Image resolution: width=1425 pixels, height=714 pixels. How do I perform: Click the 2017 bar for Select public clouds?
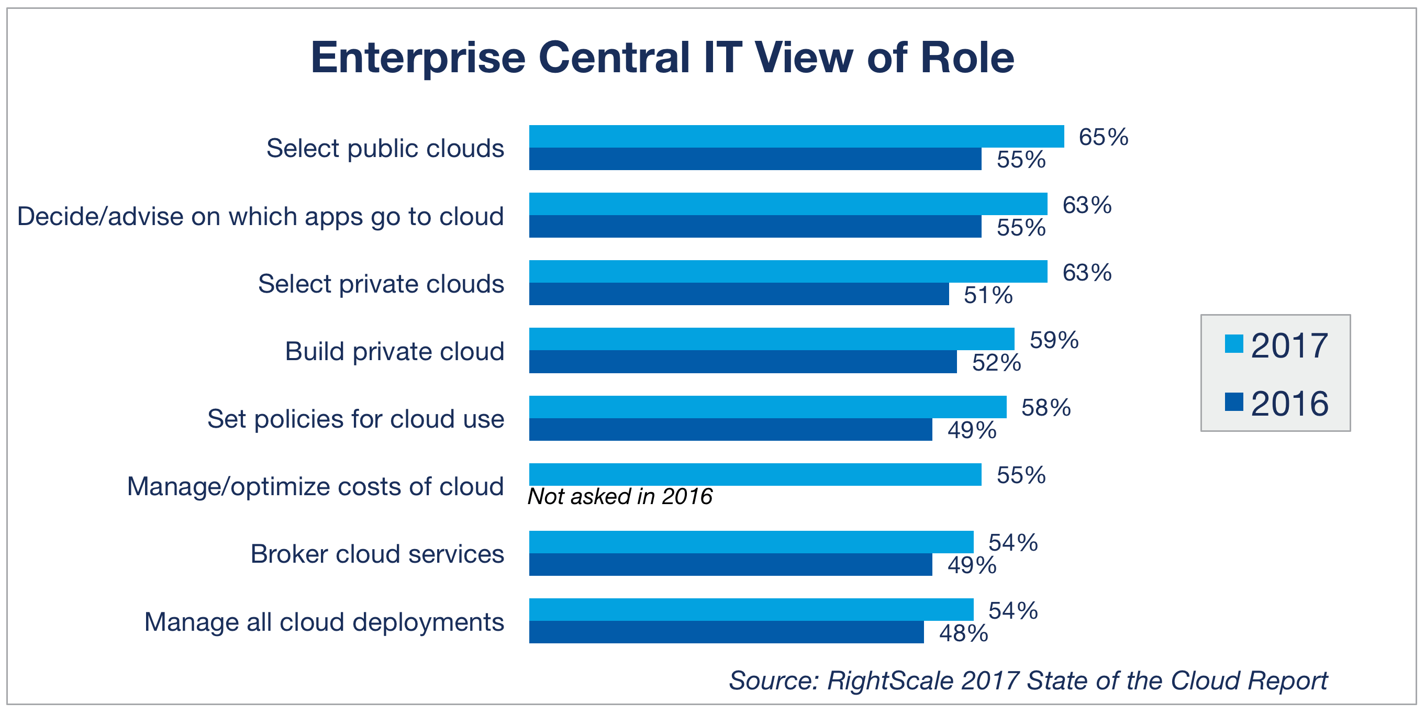click(x=796, y=136)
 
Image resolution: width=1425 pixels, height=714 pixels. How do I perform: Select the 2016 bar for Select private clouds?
click(x=739, y=294)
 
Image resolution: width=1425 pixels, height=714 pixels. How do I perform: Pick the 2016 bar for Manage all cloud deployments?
click(x=726, y=632)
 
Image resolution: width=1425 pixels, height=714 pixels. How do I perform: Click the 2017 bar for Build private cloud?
click(x=771, y=339)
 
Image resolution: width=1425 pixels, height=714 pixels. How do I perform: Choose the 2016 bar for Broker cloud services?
click(x=730, y=564)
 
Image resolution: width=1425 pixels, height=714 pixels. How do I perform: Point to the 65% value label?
click(x=1103, y=137)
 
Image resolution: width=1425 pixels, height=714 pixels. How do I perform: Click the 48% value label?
click(x=963, y=633)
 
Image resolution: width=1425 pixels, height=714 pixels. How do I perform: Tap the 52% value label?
click(x=996, y=363)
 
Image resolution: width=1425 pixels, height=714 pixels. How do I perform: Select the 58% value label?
click(x=1045, y=408)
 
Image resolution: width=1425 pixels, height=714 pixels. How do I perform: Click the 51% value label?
click(x=988, y=295)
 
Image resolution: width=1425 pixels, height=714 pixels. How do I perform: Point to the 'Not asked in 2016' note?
click(x=619, y=496)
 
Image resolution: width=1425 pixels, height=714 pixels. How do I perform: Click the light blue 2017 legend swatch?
click(x=1233, y=343)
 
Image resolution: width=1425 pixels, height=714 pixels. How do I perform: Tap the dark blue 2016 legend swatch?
click(x=1233, y=401)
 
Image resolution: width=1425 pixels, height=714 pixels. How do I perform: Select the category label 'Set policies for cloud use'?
click(x=355, y=419)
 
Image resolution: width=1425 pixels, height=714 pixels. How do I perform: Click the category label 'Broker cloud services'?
click(x=377, y=554)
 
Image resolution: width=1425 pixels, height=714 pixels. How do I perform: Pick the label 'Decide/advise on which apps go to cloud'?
click(x=261, y=216)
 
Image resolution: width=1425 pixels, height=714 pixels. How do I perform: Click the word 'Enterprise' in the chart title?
click(x=418, y=58)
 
